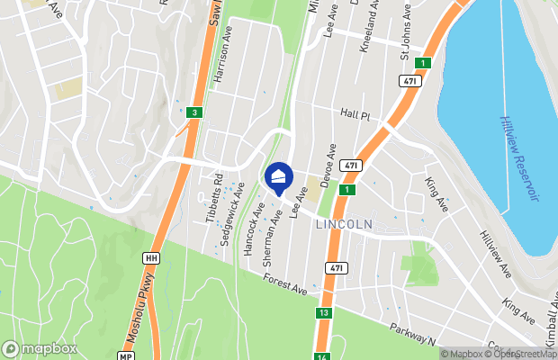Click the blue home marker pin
(279, 176)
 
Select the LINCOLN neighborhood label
(345, 222)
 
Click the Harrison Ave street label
(223, 62)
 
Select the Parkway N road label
(413, 334)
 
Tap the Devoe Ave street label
(331, 163)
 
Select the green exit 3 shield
(194, 112)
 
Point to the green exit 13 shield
(323, 313)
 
